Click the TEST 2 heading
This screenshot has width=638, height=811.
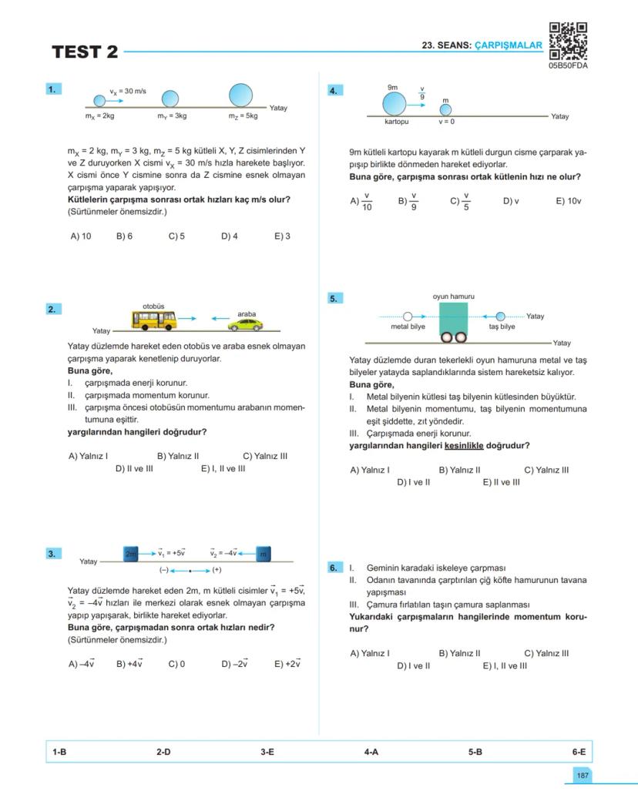click(x=85, y=52)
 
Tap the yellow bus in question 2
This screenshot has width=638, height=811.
click(x=154, y=320)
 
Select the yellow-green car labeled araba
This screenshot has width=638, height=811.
click(x=247, y=324)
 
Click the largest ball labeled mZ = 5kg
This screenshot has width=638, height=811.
click(x=240, y=95)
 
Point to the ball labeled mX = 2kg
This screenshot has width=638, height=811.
click(x=99, y=100)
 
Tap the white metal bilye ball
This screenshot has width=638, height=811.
click(x=408, y=317)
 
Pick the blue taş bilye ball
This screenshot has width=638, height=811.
click(x=500, y=317)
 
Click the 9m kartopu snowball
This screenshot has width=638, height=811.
click(x=394, y=103)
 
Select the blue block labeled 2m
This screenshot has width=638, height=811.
click(x=131, y=553)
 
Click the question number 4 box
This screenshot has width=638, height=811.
click(x=334, y=91)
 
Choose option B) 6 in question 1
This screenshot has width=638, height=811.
click(x=124, y=236)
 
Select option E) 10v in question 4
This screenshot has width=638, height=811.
click(x=568, y=201)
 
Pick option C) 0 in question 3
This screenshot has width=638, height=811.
click(x=176, y=663)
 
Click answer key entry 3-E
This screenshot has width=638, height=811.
click(x=267, y=752)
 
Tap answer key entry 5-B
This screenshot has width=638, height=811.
click(x=475, y=752)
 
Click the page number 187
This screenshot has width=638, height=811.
click(x=583, y=776)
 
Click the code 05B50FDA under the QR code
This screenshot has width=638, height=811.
click(x=568, y=66)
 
